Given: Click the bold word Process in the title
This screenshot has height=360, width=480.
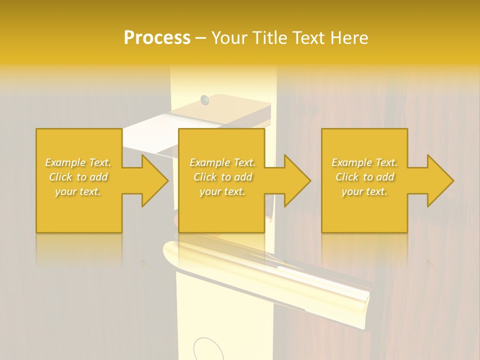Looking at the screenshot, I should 157,38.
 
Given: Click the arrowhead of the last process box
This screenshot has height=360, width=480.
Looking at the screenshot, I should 439,180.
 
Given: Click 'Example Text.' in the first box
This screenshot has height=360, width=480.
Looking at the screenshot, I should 78,162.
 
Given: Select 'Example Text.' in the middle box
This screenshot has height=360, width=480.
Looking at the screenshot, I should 222,162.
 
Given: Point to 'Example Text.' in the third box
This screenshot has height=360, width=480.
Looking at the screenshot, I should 364,162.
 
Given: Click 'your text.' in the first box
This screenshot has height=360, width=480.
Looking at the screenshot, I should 78,191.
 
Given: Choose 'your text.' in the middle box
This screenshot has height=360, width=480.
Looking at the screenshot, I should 222,191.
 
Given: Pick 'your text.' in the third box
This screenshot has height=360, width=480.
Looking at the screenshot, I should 364,191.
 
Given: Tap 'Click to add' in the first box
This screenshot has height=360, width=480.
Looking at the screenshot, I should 78,177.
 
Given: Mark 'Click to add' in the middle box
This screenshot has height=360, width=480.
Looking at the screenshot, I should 222,177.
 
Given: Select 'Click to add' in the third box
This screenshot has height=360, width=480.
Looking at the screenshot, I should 364,177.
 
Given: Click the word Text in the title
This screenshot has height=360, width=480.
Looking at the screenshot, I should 309,38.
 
